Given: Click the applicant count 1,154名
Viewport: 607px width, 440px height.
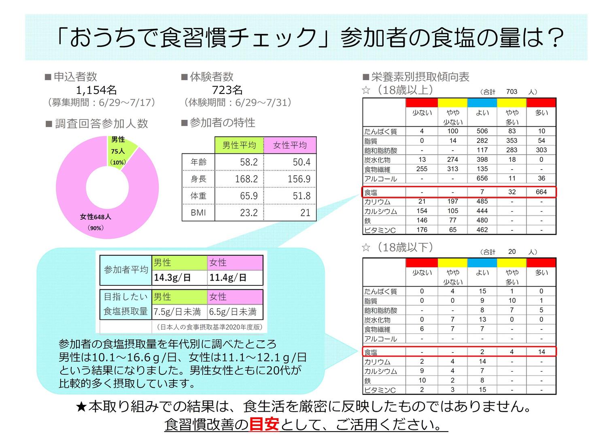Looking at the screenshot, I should coord(96,90).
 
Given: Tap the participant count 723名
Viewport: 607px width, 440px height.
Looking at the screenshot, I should coord(227,90).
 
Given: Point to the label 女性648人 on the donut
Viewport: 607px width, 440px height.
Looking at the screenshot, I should coord(96,217).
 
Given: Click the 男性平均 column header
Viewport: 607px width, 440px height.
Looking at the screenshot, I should coord(239,145).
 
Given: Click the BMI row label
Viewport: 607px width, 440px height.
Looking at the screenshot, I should coord(198,213).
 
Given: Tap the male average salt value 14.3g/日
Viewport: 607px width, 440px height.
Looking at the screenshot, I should coord(172,278).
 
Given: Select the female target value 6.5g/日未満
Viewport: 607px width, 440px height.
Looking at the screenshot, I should coord(233,312).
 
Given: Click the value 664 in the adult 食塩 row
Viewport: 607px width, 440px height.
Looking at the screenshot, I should coord(541,192).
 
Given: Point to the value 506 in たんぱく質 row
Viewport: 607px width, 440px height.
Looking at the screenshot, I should coord(482,131).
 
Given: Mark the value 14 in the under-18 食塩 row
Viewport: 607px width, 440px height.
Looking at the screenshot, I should coord(541,352).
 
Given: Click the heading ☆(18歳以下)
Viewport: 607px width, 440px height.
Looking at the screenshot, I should coord(398,247).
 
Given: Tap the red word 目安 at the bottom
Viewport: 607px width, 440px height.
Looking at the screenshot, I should coord(264,424).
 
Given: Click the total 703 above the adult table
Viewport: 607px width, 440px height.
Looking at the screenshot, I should coord(511,92).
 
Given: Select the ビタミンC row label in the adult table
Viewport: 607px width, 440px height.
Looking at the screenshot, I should coord(380,230).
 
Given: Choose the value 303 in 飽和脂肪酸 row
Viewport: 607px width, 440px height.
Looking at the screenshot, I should coord(541,150).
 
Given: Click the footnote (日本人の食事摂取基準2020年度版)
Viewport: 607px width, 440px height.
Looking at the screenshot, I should coord(209,327).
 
